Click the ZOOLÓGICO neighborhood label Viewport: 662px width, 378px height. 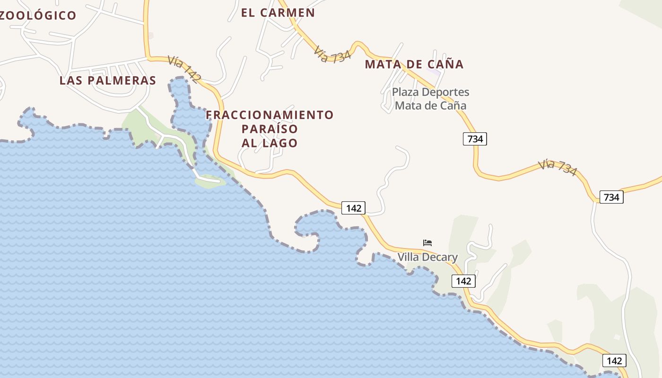[x=38, y=15]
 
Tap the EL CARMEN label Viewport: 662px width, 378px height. [x=278, y=13]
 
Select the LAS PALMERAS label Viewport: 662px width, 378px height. [x=108, y=80]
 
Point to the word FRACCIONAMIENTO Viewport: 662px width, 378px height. [x=270, y=115]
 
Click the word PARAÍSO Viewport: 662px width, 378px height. [x=270, y=129]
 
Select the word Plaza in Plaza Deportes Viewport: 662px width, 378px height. [x=406, y=92]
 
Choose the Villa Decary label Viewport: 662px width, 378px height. [x=427, y=257]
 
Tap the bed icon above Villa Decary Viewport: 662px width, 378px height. [x=427, y=243]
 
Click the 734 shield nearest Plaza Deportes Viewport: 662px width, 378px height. [x=475, y=138]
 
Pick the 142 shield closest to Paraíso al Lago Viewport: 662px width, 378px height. [x=353, y=208]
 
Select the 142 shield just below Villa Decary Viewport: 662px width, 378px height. [x=463, y=281]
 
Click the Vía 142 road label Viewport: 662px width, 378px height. [x=184, y=69]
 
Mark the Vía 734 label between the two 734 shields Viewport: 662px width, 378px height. [x=558, y=167]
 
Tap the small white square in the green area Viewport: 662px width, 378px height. [x=617, y=337]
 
